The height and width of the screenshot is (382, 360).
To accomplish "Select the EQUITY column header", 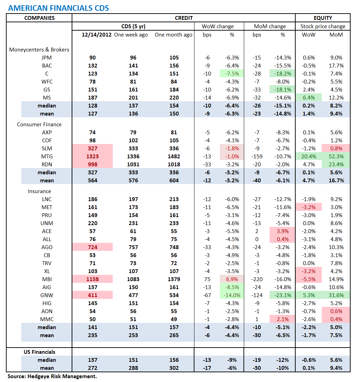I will point(322,18).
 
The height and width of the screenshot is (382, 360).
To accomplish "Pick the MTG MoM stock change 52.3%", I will point(336,157).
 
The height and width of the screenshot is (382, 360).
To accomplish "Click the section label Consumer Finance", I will point(39,124).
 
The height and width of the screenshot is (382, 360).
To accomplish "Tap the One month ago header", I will point(173,35).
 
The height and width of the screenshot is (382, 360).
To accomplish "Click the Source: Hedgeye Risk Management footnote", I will point(52,376).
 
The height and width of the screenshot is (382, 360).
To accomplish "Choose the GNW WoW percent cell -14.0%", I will point(231,295).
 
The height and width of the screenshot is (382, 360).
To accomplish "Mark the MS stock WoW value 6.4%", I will point(309,98).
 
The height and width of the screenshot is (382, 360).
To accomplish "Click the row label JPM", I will point(47,58).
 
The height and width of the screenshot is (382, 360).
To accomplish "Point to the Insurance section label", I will point(39,191).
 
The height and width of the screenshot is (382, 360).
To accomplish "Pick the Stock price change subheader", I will point(323,26).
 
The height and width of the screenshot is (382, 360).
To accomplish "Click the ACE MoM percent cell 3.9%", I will point(282,231).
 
